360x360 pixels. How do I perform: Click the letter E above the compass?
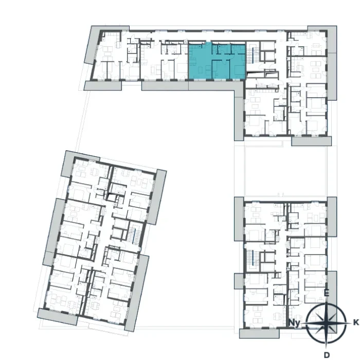[326, 293]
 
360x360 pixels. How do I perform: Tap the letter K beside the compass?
[356, 322]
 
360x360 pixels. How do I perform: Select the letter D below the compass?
[327, 355]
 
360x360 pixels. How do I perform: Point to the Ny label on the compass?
[295, 323]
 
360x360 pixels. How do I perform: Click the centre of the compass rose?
[326, 323]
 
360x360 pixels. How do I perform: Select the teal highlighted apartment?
[217, 61]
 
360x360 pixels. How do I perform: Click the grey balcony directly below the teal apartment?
[216, 86]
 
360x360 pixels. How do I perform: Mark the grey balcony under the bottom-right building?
[259, 333]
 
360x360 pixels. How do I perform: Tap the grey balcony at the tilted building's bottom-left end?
[58, 317]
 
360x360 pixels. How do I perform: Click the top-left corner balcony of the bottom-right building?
[239, 219]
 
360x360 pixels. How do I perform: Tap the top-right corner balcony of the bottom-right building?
[332, 217]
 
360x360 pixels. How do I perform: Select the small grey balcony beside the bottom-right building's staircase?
[239, 281]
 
